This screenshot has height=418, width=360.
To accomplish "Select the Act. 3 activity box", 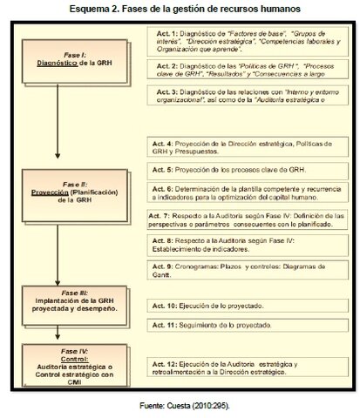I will [228, 98].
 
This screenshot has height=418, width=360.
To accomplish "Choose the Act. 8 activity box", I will [228, 247].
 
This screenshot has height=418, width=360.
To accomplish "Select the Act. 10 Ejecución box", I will [228, 307].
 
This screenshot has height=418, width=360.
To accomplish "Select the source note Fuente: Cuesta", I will [180, 405].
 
